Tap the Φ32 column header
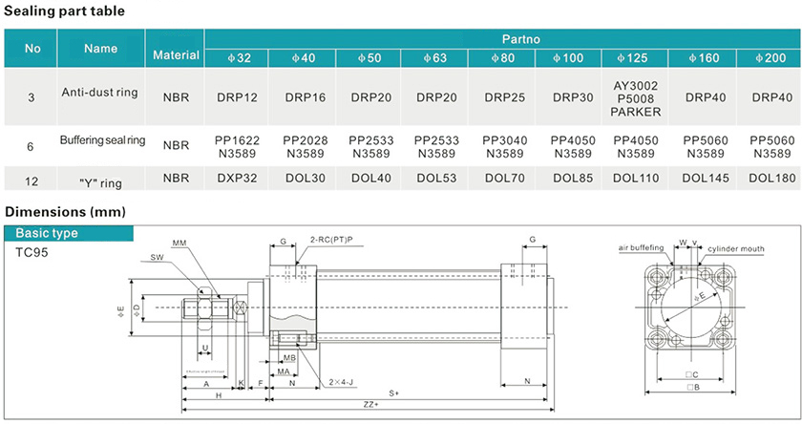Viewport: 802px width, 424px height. [238, 59]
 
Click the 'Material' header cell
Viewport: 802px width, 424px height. [176, 55]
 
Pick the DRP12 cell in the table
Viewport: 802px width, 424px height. [238, 97]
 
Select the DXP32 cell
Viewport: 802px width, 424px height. [238, 178]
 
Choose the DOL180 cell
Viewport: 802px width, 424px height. [771, 178]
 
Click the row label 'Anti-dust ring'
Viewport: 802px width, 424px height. [100, 94]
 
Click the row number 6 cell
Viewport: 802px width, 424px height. [32, 146]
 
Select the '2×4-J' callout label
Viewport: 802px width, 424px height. [341, 381]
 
